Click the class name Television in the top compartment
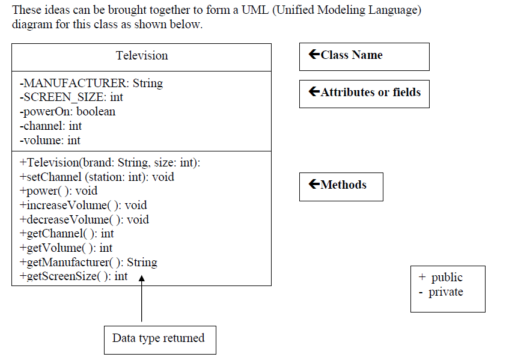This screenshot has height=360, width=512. tap(142, 56)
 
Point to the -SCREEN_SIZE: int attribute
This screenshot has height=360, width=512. tap(72, 97)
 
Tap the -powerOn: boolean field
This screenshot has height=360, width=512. tap(67, 112)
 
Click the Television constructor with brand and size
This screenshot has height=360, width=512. tap(110, 163)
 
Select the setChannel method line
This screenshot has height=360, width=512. tap(97, 177)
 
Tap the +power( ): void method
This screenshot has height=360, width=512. tap(58, 191)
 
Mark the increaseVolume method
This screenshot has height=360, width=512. tap(83, 206)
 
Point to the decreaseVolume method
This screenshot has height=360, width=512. tap(84, 220)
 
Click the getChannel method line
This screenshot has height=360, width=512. tap(67, 234)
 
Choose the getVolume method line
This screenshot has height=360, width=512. tap(66, 248)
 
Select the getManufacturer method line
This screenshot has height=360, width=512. tap(88, 263)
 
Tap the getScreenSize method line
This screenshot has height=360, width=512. tap(73, 276)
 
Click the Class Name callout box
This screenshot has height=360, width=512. tap(364, 56)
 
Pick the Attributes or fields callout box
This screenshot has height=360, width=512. tap(364, 93)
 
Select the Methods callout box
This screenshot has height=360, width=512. tap(341, 186)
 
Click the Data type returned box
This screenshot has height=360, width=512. tap(159, 339)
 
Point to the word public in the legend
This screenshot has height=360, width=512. tap(447, 278)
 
